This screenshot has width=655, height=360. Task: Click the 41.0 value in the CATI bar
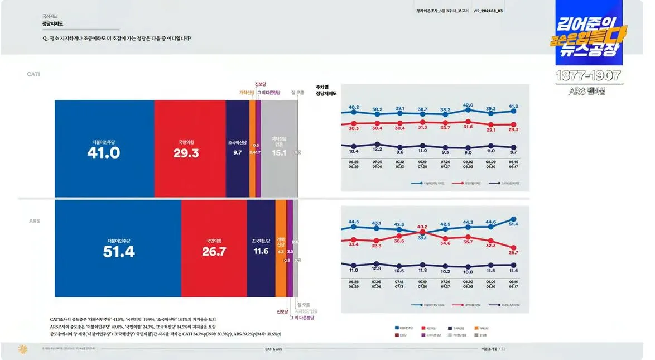click(104, 152)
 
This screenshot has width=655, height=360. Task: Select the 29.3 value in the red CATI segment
click(186, 152)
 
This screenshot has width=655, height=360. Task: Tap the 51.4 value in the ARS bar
click(119, 252)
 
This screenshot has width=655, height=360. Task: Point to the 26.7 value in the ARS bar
click(214, 252)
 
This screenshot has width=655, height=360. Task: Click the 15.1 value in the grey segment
click(278, 152)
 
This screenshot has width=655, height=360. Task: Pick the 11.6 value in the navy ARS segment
click(261, 252)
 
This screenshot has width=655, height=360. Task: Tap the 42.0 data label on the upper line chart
click(468, 105)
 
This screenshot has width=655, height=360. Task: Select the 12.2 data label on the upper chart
click(377, 149)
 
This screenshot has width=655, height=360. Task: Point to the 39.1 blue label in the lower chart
click(422, 238)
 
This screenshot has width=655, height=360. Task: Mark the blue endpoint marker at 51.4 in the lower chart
click(513, 219)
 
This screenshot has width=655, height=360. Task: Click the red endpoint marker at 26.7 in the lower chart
click(513, 248)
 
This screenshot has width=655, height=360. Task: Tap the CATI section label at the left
click(33, 74)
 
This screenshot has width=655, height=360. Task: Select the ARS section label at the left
click(34, 221)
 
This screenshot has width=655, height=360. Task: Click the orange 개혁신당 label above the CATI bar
click(247, 93)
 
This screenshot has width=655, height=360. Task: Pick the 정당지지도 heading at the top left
click(52, 25)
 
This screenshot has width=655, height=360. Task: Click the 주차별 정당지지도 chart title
click(330, 90)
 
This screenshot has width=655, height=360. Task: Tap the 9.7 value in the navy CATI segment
click(237, 152)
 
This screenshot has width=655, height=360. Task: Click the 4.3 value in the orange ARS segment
click(281, 252)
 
